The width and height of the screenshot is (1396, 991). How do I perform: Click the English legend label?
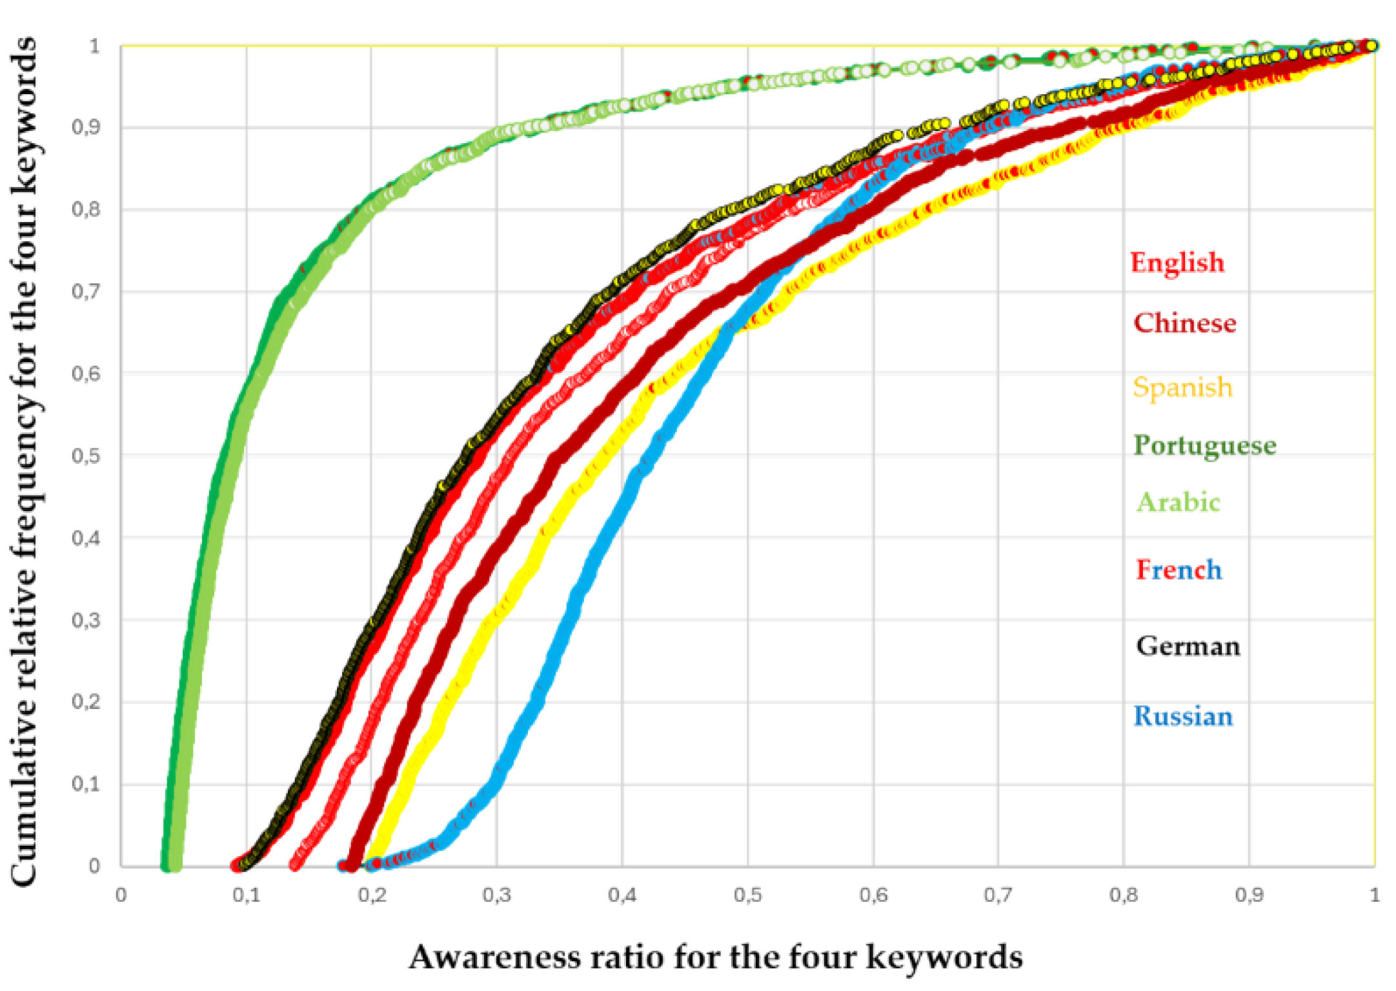1177,263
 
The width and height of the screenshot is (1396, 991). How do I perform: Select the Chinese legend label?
1184,323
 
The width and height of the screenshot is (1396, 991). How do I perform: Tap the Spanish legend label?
1182,387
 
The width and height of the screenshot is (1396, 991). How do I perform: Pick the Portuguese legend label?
1204,445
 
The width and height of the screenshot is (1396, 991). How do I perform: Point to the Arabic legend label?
1178,502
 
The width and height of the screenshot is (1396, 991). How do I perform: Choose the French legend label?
1179,570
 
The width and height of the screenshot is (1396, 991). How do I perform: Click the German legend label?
1188,646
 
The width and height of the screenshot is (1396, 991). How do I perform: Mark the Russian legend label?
1183,716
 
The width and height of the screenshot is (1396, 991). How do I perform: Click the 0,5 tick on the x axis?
747,896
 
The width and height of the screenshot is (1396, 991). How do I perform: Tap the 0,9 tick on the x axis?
1249,896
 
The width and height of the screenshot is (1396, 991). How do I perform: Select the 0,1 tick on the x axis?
246,896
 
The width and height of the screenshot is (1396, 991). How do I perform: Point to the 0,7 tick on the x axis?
998,896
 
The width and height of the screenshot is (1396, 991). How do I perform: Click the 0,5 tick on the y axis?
86,455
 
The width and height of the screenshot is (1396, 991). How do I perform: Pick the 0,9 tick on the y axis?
86,127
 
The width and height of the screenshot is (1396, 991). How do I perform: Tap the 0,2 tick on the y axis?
86,701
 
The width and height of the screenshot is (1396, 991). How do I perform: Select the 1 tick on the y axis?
94,46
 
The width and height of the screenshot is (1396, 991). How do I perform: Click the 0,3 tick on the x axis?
496,896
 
